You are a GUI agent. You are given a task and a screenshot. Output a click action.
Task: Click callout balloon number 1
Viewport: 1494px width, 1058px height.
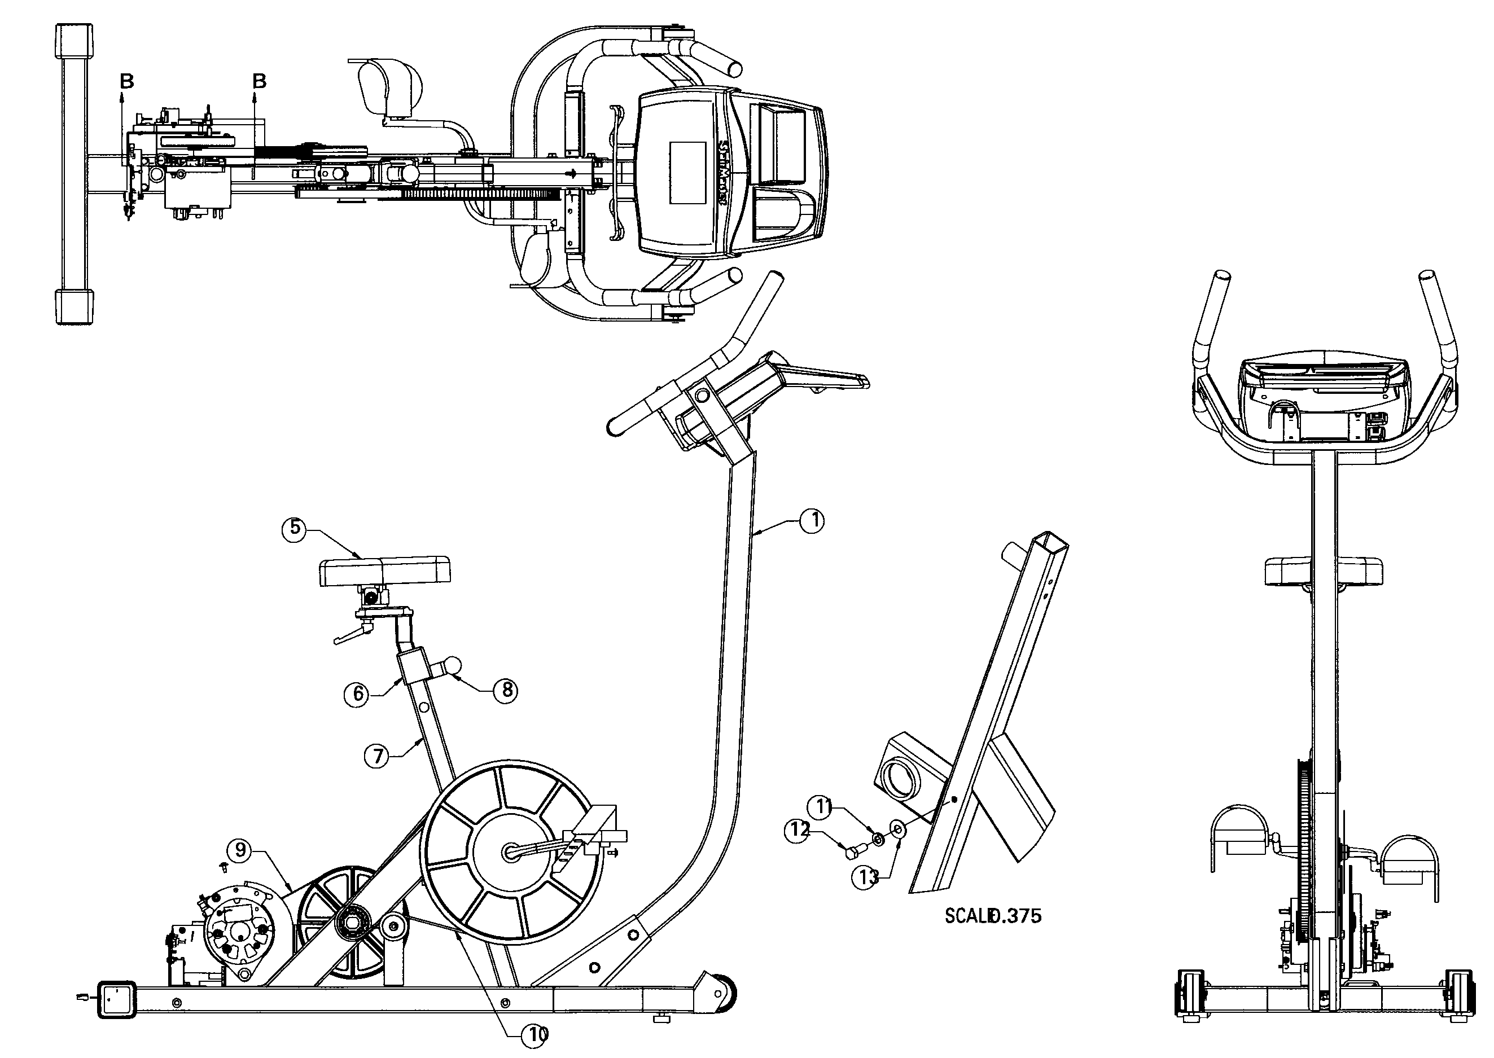tap(811, 520)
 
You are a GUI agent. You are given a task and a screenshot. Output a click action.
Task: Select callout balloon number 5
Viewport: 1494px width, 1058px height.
tap(295, 528)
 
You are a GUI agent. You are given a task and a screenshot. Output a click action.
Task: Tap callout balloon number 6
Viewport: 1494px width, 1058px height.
tap(357, 695)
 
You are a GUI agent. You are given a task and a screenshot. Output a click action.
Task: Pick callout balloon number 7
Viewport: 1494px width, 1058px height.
tap(376, 756)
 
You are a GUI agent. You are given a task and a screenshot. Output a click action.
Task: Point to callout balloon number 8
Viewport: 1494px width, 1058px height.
tap(506, 690)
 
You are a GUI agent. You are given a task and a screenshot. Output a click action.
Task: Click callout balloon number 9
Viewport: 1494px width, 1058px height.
tap(240, 850)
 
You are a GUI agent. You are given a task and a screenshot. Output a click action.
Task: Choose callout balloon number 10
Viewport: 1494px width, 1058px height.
tap(535, 1034)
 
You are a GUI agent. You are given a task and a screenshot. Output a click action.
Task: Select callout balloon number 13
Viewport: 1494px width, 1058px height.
tap(866, 877)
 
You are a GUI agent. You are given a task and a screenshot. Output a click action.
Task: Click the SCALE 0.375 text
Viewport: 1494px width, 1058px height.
tap(992, 916)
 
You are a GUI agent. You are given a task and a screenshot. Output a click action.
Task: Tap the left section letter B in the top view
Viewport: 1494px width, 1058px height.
tap(127, 81)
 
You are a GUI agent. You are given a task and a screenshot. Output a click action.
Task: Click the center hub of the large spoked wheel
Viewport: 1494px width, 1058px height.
tap(511, 853)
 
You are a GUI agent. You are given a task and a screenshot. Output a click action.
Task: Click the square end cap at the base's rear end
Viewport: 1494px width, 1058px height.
tap(116, 999)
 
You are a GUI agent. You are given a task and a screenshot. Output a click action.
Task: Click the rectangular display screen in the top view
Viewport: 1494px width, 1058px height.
tap(687, 173)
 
